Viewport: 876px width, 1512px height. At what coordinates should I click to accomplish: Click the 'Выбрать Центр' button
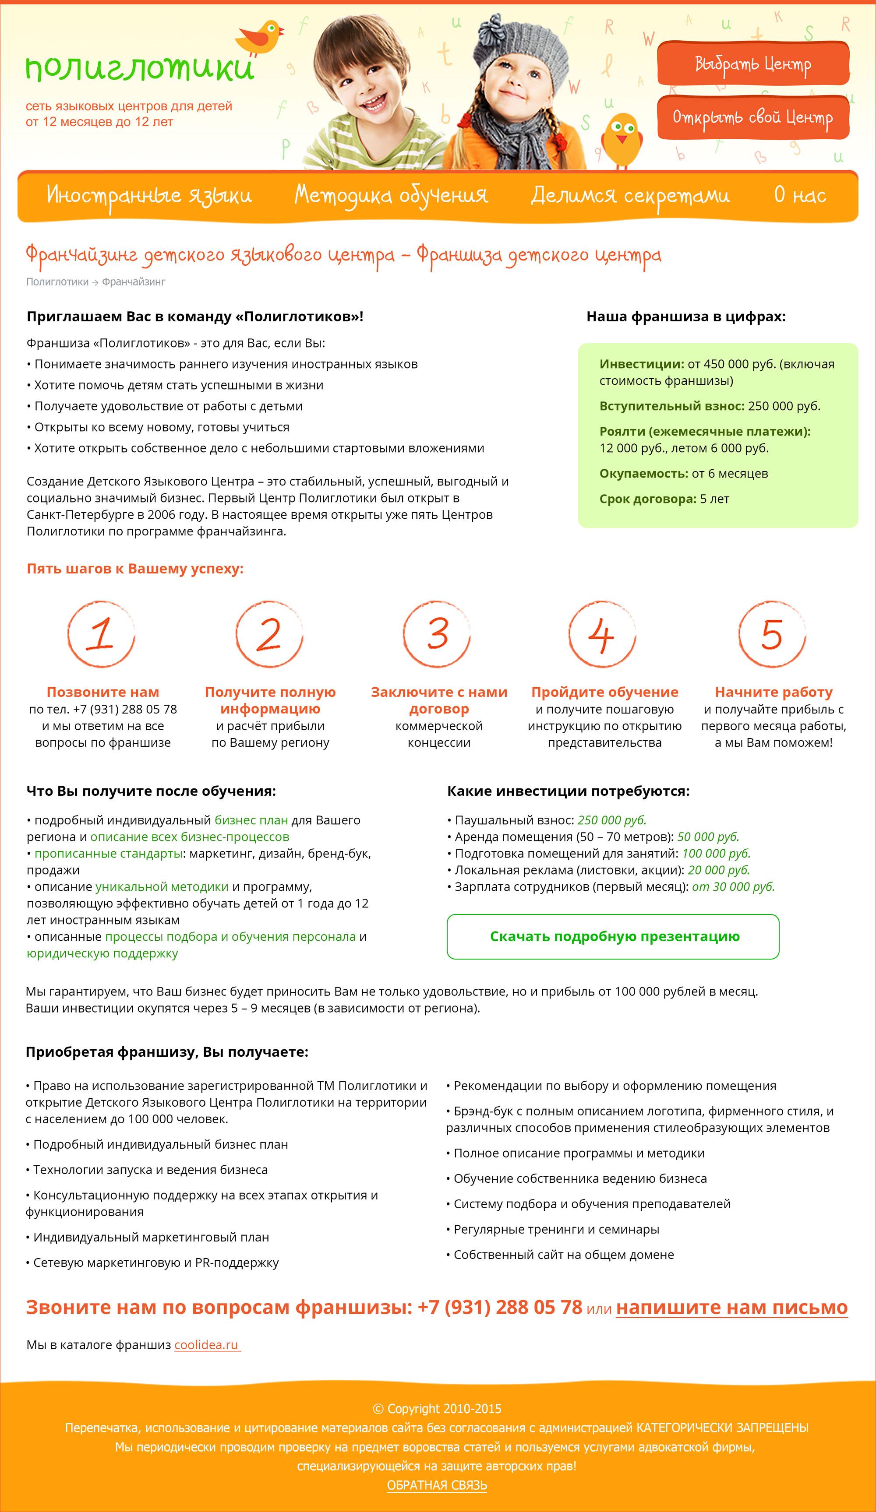tap(753, 63)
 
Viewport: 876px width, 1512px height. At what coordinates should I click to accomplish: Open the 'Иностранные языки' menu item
tap(149, 196)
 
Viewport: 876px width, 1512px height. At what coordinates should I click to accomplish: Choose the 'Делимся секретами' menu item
tap(630, 196)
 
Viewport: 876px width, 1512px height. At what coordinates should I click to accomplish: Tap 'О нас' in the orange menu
tap(800, 196)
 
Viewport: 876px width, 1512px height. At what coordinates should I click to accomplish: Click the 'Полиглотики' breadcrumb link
tap(57, 282)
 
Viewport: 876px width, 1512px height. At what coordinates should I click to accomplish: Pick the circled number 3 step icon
tap(437, 634)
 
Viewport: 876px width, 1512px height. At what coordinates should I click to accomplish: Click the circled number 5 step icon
tap(772, 634)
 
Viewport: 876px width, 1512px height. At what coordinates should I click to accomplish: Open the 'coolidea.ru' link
tap(207, 1345)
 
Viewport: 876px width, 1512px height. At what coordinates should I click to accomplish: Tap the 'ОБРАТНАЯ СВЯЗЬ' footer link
tap(437, 1485)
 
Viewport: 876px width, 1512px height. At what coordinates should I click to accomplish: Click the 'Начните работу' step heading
tap(774, 692)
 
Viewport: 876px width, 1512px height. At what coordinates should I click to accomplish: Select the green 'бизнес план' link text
tap(251, 820)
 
